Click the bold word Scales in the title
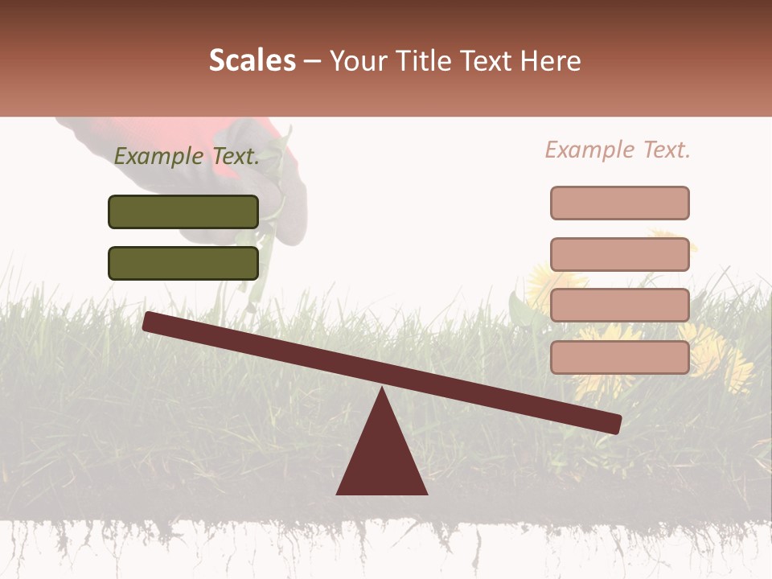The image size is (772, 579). (252, 60)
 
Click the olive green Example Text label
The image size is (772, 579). (187, 157)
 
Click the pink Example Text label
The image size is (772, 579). (618, 150)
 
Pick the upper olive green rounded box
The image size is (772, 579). (183, 211)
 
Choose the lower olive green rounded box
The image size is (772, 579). (183, 263)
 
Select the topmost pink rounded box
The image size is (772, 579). (620, 203)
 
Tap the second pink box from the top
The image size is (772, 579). (620, 254)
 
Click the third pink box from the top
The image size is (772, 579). (620, 305)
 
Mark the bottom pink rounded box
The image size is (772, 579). (620, 357)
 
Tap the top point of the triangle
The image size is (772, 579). (382, 389)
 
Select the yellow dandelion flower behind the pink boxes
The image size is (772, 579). (708, 354)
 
